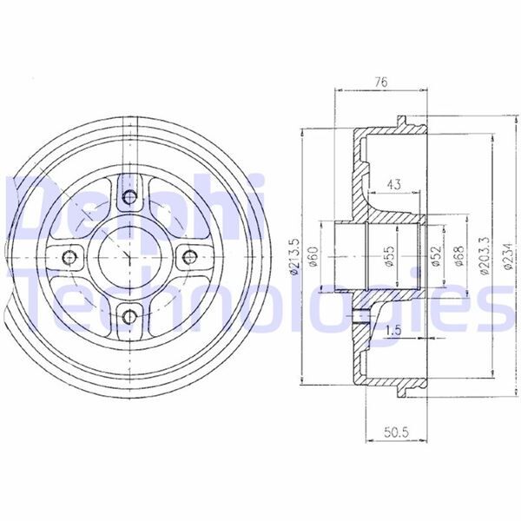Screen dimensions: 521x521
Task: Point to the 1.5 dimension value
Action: (393, 331)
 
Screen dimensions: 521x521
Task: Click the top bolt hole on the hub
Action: (129, 198)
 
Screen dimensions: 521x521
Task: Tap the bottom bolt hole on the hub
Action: (129, 314)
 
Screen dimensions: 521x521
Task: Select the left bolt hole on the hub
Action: (70, 256)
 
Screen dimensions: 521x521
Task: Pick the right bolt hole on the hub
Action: (187, 256)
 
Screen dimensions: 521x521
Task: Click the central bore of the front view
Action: (129, 256)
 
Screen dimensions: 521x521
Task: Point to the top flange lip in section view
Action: (401, 119)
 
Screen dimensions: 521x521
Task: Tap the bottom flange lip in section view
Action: (401, 395)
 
